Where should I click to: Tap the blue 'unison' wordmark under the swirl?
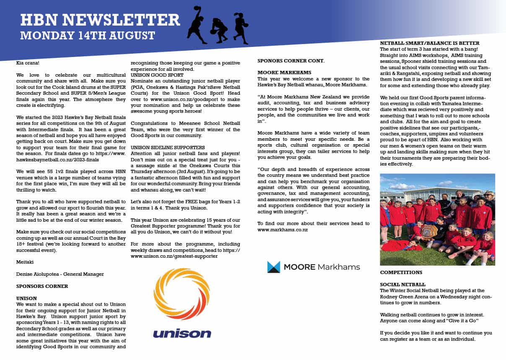(182, 334)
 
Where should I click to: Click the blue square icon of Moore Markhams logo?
(274, 267)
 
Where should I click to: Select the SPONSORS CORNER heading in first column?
(42, 286)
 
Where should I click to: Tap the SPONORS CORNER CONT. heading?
(290, 60)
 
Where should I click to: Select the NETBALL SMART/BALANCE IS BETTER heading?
(429, 43)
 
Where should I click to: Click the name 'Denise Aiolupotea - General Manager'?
(60, 274)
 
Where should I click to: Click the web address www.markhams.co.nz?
(283, 230)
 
